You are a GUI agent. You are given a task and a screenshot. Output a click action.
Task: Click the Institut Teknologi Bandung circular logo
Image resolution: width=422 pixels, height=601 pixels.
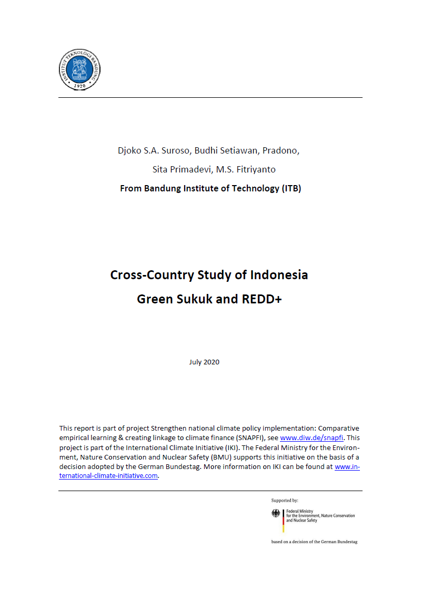tap(79, 69)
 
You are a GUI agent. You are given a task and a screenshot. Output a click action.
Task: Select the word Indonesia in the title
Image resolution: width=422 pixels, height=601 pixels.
tap(279, 275)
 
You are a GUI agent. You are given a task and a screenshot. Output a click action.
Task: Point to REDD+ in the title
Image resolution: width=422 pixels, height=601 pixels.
tap(262, 299)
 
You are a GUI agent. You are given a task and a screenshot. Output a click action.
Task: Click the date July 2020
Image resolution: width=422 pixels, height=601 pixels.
tap(204, 362)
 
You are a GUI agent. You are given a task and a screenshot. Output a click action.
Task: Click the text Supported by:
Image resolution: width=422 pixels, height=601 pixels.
tap(285, 501)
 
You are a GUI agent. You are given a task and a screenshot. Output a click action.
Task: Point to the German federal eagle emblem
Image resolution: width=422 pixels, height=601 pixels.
tap(276, 514)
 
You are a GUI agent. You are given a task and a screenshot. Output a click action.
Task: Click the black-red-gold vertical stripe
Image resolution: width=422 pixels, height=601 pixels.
tap(283, 521)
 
